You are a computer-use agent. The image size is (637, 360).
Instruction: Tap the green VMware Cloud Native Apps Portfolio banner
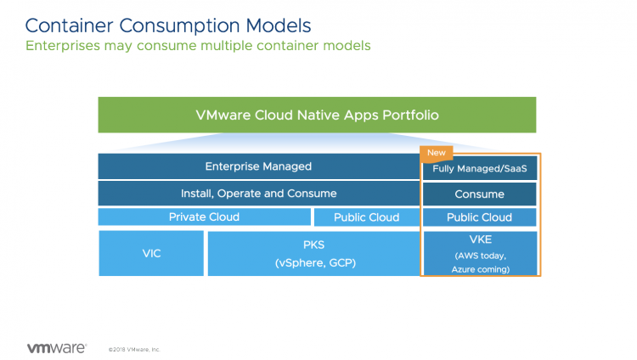(x=317, y=115)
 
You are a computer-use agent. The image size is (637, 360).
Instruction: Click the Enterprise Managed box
(x=258, y=166)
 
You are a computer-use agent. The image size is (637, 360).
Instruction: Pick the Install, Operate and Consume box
(x=258, y=193)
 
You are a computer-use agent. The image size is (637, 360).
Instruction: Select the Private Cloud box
(x=204, y=217)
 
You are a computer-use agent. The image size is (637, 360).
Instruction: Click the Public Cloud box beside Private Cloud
(x=366, y=217)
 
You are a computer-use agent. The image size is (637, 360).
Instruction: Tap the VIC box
(x=151, y=253)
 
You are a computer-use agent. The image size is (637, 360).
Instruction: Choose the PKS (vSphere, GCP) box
(x=313, y=253)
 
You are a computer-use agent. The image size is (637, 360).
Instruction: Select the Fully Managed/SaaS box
(x=480, y=169)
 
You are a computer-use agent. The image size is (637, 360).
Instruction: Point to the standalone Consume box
(x=480, y=194)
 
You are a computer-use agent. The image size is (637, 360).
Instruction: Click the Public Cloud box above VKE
(x=480, y=217)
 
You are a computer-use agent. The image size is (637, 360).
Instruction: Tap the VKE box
(x=480, y=253)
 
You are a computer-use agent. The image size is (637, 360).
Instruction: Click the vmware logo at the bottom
(x=56, y=347)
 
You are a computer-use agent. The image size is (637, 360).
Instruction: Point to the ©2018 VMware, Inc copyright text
(x=134, y=349)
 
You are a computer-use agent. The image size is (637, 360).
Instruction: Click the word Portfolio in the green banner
(x=409, y=115)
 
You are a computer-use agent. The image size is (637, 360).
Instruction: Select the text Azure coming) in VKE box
(x=480, y=269)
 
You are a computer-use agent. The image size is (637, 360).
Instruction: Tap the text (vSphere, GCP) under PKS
(x=313, y=262)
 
